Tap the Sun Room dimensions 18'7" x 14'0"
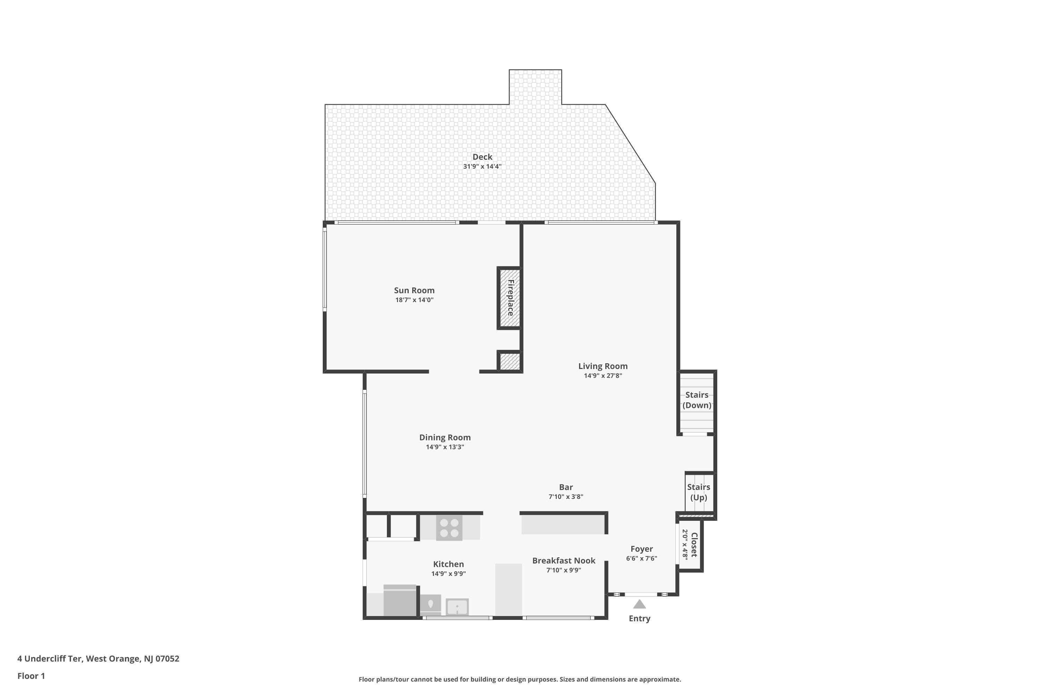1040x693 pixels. (x=414, y=300)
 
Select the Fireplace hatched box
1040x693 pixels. (x=510, y=298)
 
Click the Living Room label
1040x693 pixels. (x=603, y=366)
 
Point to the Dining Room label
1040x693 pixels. (x=445, y=438)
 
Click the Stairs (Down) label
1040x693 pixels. (x=697, y=400)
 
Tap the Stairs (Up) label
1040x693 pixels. (x=699, y=492)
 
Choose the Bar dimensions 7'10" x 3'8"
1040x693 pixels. (x=566, y=497)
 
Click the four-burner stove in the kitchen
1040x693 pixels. (x=449, y=528)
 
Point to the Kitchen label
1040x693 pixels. (x=448, y=564)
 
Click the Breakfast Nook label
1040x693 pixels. (x=564, y=561)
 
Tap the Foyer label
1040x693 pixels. (x=642, y=549)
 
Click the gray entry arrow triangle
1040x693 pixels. (x=639, y=604)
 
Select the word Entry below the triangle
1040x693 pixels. (x=639, y=619)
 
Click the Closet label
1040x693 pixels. (x=694, y=545)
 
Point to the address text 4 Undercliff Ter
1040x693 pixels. (x=50, y=659)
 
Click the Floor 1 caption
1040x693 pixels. (x=32, y=676)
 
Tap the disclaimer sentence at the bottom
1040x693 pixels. (x=520, y=679)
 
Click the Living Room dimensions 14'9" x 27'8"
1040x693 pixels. (x=603, y=376)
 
